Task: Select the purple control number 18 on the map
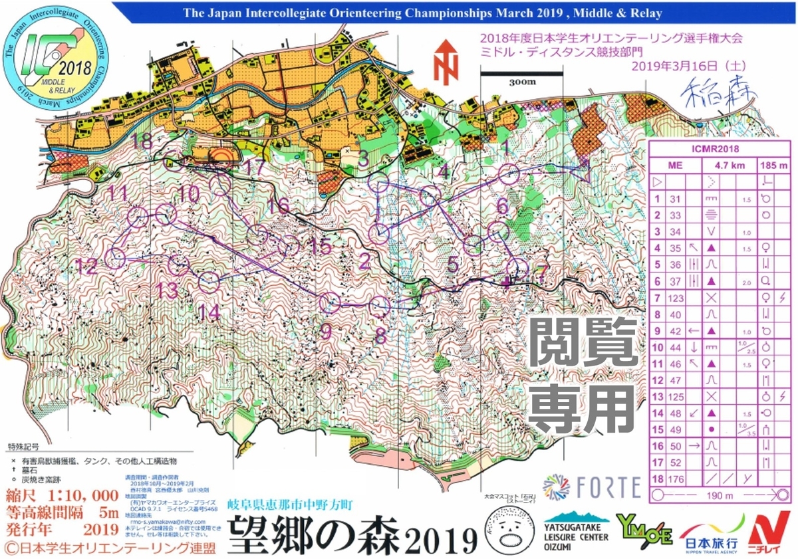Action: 143,140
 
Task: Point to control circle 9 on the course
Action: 331,303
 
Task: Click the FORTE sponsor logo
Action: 593,485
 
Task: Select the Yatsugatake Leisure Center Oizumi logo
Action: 576,530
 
